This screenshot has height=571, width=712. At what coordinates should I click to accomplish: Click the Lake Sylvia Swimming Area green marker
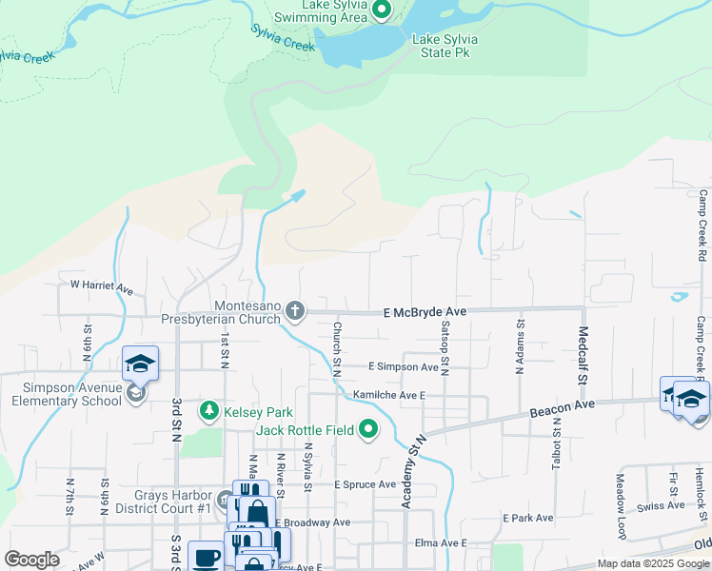point(382,11)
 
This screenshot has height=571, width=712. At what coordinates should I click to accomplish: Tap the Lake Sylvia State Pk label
point(445,46)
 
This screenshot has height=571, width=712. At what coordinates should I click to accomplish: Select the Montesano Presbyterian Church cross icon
point(296,310)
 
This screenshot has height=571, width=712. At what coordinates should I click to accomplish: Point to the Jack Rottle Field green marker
point(368,430)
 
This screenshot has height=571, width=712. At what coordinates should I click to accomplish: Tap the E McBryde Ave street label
point(425,312)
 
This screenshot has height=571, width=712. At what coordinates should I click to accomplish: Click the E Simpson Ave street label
point(403,366)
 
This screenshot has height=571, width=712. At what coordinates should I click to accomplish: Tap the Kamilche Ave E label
point(388,394)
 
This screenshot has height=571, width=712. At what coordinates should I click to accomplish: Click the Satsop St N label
point(445,348)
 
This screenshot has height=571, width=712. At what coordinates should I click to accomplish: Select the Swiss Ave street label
point(660,506)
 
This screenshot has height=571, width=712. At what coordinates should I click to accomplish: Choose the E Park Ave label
point(528,519)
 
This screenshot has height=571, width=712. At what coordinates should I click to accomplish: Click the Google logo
point(31,560)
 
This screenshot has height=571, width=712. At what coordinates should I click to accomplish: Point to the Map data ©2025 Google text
point(652,563)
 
